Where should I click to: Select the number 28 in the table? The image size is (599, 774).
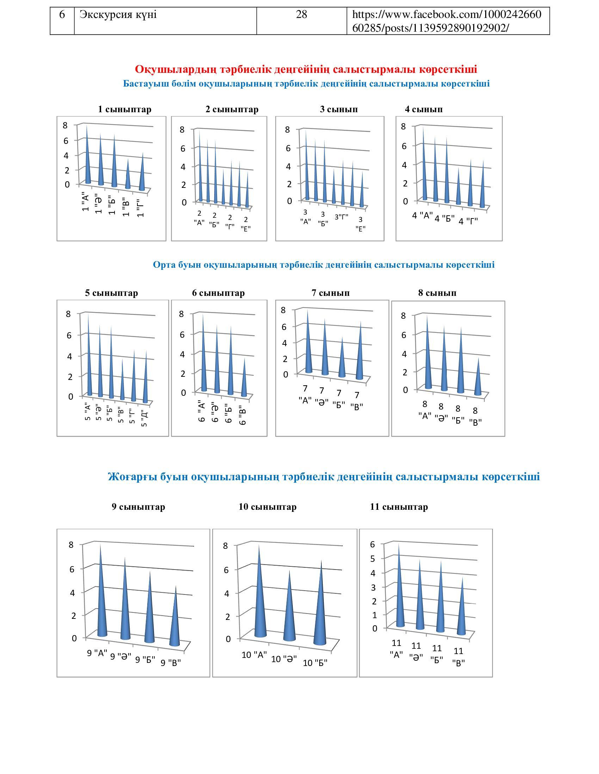301,14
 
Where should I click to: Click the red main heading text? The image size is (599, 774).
306,69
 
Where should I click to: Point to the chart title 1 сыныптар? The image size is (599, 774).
124,109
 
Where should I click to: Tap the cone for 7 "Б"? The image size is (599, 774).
342,361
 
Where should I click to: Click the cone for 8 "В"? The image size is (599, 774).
478,381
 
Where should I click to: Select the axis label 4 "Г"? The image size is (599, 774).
468,222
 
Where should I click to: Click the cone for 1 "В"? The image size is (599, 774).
128,177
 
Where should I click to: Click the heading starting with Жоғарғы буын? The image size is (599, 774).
323,477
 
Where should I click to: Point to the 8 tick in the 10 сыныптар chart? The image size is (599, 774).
226,546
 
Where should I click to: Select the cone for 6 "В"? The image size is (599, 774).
244,381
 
